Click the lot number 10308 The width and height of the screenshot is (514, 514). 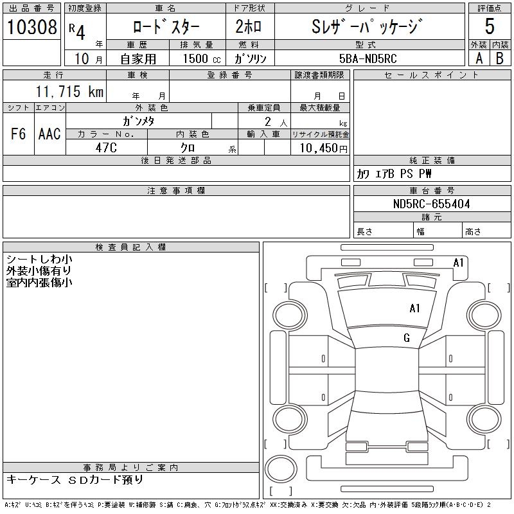tap(31, 27)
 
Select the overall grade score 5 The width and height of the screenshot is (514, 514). tap(490, 26)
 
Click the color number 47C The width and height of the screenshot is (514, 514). tap(106, 147)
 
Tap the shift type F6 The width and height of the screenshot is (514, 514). tap(19, 134)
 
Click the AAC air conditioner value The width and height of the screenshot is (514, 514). tap(49, 134)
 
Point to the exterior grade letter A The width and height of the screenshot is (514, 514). tap(479, 58)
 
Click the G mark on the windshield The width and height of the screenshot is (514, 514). tap(407, 338)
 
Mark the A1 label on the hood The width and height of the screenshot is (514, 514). tap(414, 308)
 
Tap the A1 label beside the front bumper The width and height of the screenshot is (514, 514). tap(458, 263)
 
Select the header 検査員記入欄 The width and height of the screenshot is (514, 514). tap(131, 247)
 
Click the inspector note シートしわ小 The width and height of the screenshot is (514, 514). tap(39, 260)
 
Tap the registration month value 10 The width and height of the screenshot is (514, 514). tap(80, 58)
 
